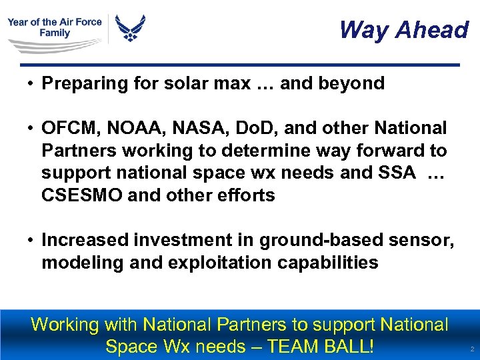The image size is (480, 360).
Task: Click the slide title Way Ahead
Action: tap(403, 29)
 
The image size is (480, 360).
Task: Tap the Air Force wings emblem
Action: tap(130, 29)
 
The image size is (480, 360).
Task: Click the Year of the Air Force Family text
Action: tap(55, 27)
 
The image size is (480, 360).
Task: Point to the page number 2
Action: tap(471, 349)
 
